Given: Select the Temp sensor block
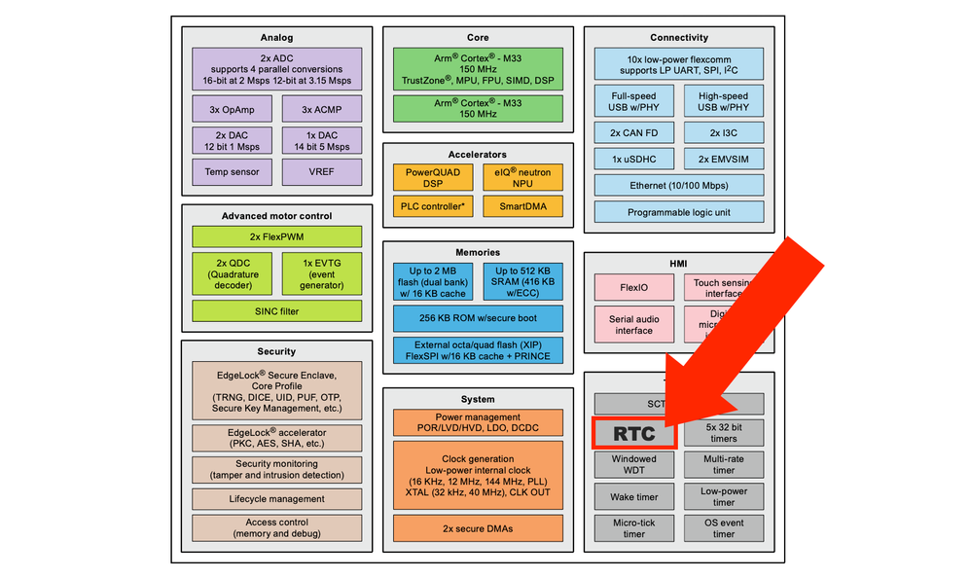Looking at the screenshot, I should click(x=232, y=172).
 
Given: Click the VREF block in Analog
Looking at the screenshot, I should click(x=321, y=172).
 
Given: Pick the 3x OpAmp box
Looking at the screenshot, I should click(x=232, y=108).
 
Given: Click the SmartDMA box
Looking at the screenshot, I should click(x=522, y=206).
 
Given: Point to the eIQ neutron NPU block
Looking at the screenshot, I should click(x=522, y=176).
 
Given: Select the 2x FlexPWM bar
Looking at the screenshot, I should click(x=276, y=236).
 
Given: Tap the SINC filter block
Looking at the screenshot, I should click(x=276, y=310).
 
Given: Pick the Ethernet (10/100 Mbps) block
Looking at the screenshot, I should click(x=679, y=185).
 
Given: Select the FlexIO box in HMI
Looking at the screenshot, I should click(x=632, y=288).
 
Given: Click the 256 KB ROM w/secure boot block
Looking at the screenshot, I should click(x=478, y=318).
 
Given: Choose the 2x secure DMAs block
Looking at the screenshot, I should click(x=478, y=528).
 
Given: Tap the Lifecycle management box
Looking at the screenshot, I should click(x=276, y=499).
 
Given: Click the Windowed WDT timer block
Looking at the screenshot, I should click(x=633, y=465).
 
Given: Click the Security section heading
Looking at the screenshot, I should click(x=276, y=351).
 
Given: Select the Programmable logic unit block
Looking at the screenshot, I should click(x=679, y=212).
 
